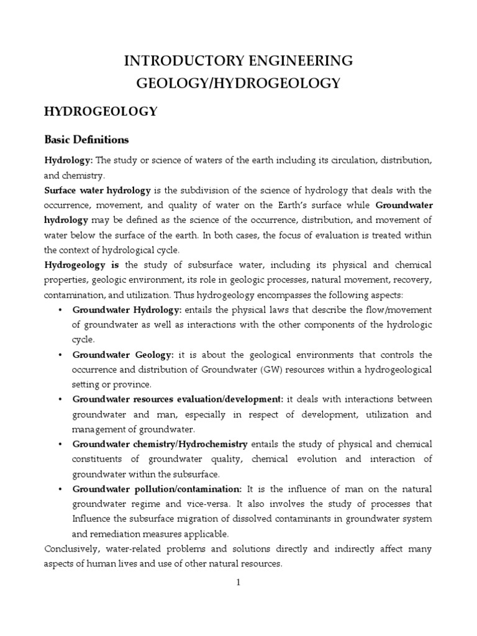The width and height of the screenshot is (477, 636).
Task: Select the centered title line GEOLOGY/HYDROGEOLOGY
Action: (238, 83)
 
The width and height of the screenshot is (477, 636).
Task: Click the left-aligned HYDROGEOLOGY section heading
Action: (101, 111)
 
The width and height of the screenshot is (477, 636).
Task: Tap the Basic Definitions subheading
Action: (86, 139)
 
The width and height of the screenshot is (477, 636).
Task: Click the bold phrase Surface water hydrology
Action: (97, 190)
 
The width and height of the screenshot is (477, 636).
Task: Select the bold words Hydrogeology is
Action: (81, 265)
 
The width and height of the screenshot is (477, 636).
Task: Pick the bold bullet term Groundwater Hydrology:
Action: (127, 309)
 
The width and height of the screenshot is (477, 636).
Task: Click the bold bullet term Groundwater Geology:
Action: (124, 355)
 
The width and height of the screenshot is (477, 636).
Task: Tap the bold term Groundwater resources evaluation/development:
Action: (178, 399)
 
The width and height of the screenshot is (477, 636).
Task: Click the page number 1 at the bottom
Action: (238, 583)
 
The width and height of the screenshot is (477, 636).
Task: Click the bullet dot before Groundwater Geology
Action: (59, 355)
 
